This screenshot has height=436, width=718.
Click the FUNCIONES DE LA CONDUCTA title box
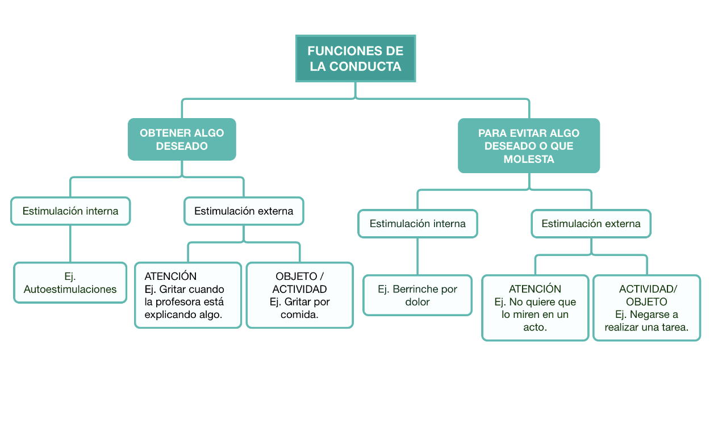point(356,58)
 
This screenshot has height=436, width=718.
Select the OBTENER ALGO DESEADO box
point(182,139)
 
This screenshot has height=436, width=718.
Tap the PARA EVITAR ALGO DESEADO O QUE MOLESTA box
point(529,146)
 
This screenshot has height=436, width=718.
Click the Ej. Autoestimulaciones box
point(70,283)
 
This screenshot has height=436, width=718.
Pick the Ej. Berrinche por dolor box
point(418,295)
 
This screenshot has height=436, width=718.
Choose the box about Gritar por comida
point(300,295)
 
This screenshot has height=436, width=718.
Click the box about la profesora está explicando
point(188,295)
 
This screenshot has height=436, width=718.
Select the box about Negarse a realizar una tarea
point(646,308)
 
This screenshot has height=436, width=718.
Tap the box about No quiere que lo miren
point(535,308)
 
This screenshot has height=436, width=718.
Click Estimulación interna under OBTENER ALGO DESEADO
point(70,211)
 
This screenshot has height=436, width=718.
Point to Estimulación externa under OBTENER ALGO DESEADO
point(244,211)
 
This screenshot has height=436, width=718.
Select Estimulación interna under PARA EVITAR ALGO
point(418,224)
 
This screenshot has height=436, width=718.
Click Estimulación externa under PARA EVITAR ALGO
point(591,224)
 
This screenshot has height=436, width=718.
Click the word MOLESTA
point(529,159)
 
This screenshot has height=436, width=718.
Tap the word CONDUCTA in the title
point(365,66)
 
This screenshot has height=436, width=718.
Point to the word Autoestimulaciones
point(70,290)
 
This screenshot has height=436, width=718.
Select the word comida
point(299,315)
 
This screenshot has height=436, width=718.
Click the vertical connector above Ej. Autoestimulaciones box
point(70,244)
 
